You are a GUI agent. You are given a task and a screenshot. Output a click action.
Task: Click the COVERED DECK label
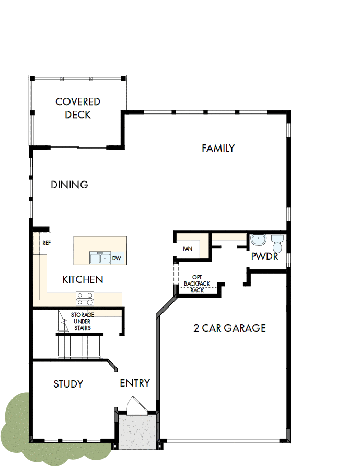[x=78, y=108]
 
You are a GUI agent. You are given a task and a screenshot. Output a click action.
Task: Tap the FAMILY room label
[x=218, y=149]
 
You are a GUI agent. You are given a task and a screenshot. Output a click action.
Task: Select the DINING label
[x=69, y=185]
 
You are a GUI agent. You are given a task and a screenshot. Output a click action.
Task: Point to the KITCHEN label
[x=83, y=280]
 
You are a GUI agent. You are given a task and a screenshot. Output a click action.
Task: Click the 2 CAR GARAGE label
[x=229, y=328]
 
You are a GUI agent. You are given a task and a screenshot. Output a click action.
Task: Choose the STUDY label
[x=68, y=384]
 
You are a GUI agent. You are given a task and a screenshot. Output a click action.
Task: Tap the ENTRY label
[x=135, y=383]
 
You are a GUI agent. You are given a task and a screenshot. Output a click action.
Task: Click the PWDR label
[x=264, y=257]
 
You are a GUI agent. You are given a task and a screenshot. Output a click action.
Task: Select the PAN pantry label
[x=188, y=249]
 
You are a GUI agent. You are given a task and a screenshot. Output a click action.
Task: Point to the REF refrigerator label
[x=47, y=243]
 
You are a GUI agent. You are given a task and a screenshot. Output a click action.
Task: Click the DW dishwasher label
[x=117, y=258]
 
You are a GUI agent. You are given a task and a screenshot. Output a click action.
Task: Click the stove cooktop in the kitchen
[x=85, y=299]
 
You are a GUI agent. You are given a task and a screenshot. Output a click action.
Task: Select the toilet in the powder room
[x=277, y=243]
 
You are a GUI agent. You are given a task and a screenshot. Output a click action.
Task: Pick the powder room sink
[x=258, y=240]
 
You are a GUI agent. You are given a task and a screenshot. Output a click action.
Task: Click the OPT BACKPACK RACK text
[x=197, y=283]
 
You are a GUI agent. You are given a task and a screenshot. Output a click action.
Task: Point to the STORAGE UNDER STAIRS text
[x=82, y=321]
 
